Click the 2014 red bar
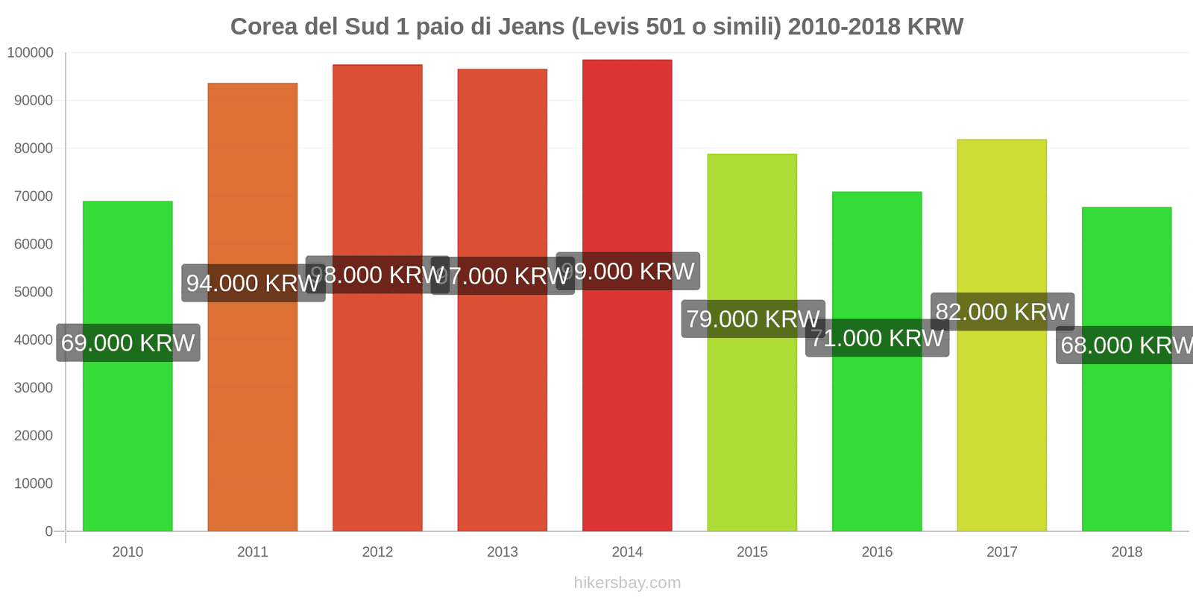click(627, 410)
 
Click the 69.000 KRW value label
click(128, 343)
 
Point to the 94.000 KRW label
click(253, 283)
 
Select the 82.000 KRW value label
click(1002, 311)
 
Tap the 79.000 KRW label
click(752, 319)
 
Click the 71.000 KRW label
click(877, 338)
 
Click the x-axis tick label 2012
click(377, 551)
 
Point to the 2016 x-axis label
click(877, 551)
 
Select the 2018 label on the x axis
click(1127, 551)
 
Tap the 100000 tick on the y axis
click(31, 52)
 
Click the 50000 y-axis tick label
click(34, 292)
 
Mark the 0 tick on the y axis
click(49, 531)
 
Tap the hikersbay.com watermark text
click(627, 582)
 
